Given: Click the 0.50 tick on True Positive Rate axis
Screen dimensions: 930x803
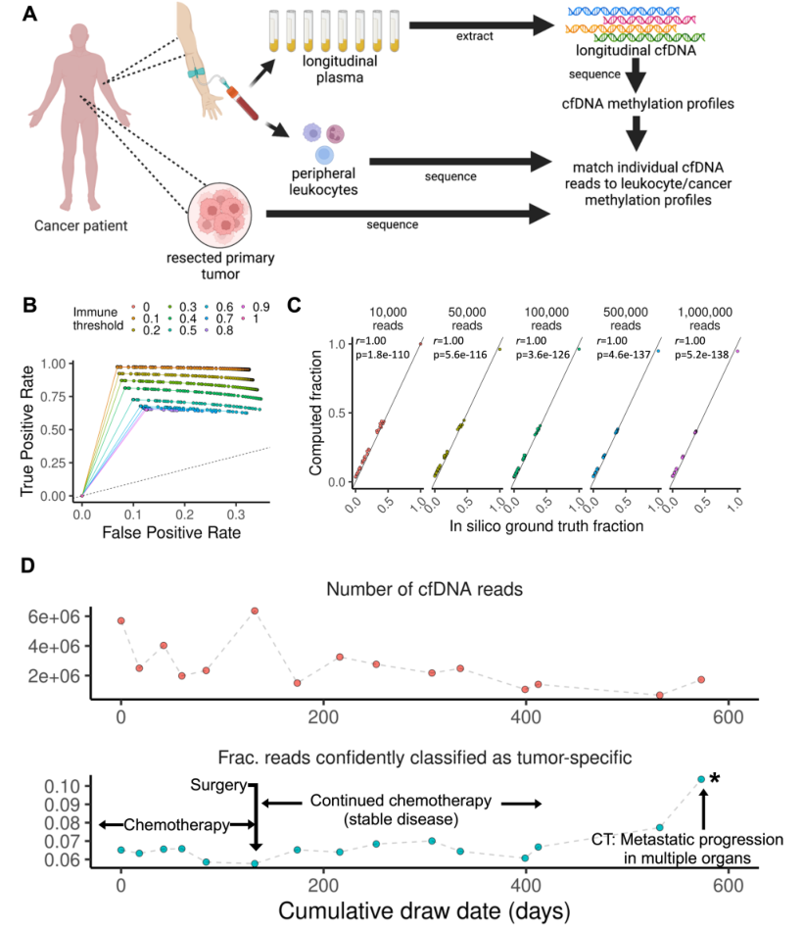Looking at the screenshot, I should tap(58, 429).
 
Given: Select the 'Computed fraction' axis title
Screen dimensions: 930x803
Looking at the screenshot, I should tap(317, 416).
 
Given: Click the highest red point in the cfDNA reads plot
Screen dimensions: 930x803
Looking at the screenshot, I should tap(255, 611).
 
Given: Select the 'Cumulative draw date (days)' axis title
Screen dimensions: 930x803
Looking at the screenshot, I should tap(423, 909).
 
